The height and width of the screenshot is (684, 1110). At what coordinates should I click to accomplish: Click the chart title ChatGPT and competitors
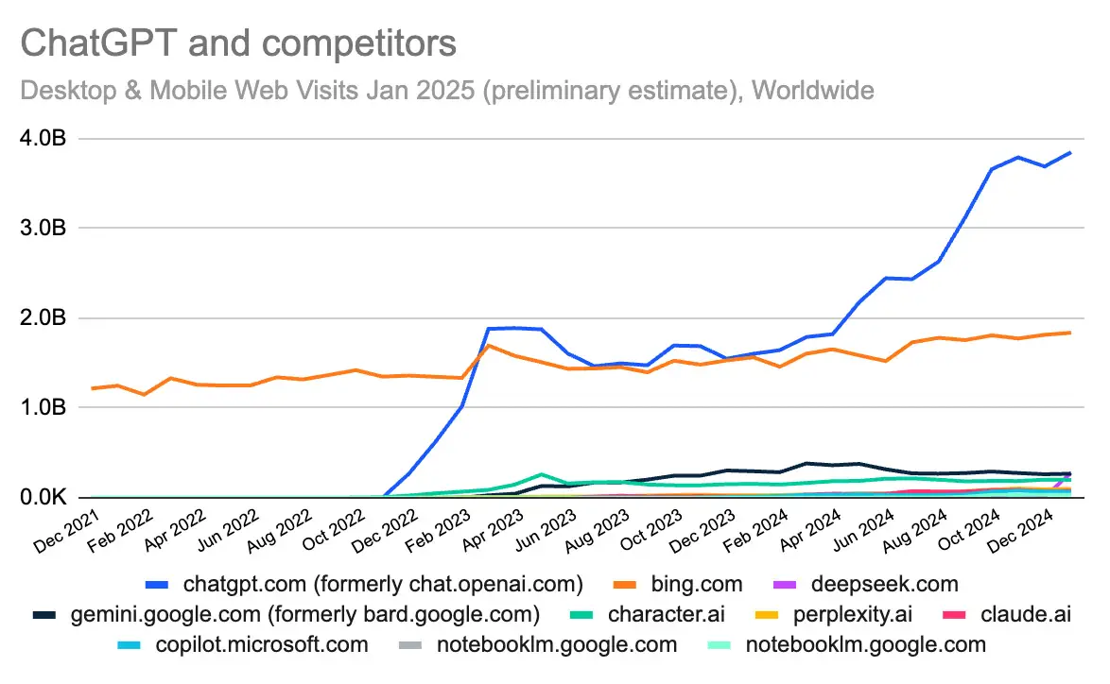[238, 43]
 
